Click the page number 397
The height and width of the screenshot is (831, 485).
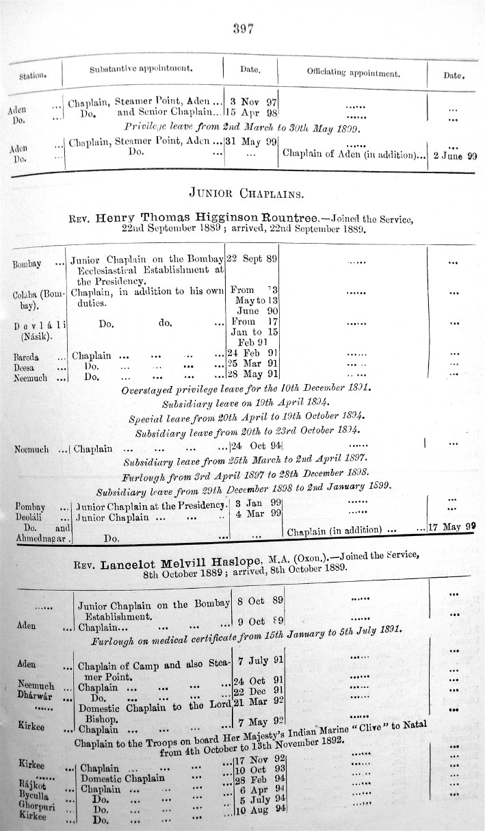point(244,28)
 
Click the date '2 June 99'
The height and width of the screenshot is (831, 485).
point(455,155)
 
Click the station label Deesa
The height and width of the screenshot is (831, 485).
point(25,367)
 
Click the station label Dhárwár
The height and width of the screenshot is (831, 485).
point(34,692)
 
